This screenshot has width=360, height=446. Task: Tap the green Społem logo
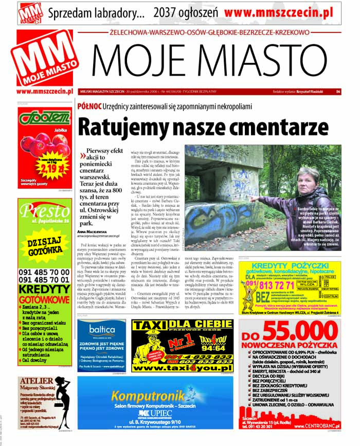coord(44,118)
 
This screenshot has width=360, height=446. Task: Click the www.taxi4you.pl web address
coord(181,369)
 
